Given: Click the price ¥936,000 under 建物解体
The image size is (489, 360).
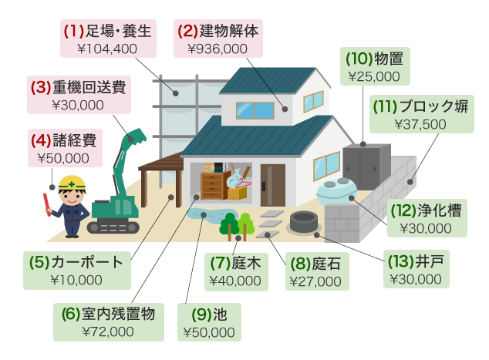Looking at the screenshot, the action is [218, 49].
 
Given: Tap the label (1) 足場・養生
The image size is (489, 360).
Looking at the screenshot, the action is [108, 31].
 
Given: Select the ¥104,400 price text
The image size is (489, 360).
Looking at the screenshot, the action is [107, 49].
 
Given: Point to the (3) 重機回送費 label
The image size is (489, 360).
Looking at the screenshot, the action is [78, 87].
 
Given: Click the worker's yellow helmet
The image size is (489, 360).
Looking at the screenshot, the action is [72, 183].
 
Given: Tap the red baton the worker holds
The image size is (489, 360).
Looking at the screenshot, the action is [47, 204].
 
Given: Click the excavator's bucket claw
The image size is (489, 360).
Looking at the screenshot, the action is [136, 136].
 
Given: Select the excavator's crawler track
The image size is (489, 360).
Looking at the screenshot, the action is [113, 227].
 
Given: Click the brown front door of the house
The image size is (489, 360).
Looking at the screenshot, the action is [272, 185].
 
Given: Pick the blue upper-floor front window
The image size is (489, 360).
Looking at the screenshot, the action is [255, 110].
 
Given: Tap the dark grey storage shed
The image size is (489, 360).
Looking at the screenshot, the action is [366, 167].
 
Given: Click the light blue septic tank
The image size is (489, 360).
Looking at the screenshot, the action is [336, 191].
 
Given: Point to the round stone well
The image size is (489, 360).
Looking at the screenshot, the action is [303, 221].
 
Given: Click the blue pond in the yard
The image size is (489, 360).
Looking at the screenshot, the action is [208, 216].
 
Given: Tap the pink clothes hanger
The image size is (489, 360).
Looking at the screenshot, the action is [243, 183].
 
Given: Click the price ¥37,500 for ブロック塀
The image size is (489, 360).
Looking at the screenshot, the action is [420, 124].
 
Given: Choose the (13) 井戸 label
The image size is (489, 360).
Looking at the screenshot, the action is [416, 261].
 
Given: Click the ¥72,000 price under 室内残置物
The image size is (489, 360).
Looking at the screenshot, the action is [108, 331].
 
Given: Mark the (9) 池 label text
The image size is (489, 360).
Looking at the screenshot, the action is [209, 315].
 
